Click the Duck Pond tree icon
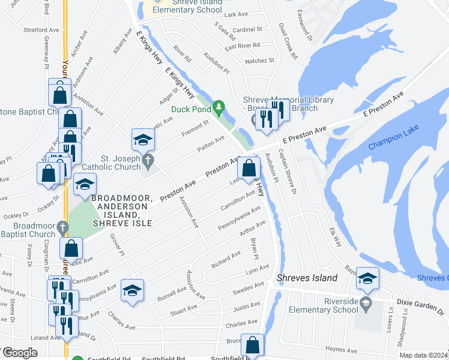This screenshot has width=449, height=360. click(x=220, y=109)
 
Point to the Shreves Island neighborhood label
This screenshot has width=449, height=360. click(x=307, y=278)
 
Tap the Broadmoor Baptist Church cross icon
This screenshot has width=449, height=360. click(x=61, y=227)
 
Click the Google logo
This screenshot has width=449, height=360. click(x=19, y=353)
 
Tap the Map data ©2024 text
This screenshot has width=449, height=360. click(x=423, y=355)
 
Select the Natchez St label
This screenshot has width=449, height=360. click(x=258, y=61)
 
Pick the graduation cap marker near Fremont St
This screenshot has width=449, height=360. click(x=143, y=140)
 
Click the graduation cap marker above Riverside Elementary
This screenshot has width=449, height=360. click(x=367, y=279)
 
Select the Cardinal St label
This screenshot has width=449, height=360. click(x=247, y=29)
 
